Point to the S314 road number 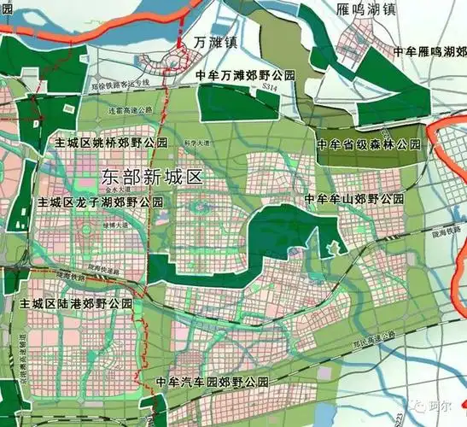tap(271, 87)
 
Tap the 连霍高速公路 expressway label tap(142, 111)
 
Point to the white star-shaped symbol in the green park tap(332, 249)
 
